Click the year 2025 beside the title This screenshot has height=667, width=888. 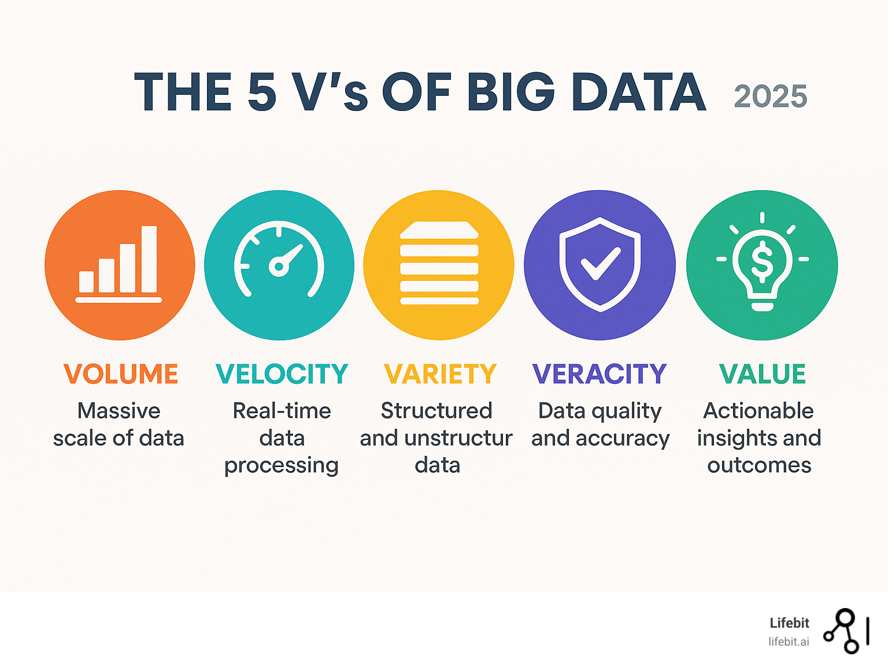[770, 97]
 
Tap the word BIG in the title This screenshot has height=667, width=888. [510, 92]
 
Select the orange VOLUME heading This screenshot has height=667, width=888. [121, 373]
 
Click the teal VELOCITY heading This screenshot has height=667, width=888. [282, 373]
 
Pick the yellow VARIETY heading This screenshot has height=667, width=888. [440, 373]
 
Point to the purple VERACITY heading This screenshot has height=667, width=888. [599, 373]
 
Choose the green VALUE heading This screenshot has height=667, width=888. [762, 373]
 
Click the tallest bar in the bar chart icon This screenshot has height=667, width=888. [149, 259]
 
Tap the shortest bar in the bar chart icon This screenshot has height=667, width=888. [86, 281]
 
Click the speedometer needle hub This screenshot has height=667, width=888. [279, 266]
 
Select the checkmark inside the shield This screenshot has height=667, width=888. [601, 264]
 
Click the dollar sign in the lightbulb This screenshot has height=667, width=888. [762, 261]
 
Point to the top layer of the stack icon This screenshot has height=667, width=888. [439, 229]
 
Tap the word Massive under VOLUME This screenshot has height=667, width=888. [119, 411]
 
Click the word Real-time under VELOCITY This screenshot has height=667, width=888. [282, 411]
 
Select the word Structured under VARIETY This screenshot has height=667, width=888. [436, 411]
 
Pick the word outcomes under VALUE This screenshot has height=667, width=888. [759, 465]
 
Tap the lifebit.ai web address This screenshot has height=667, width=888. [789, 642]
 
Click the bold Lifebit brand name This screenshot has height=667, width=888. [789, 623]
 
